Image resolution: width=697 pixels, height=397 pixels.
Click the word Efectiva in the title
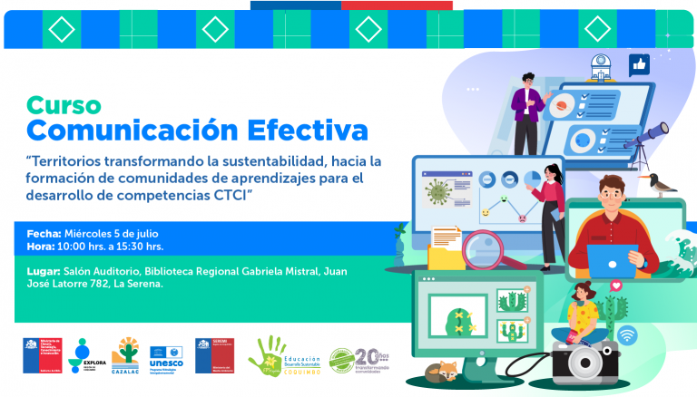pos(308,130)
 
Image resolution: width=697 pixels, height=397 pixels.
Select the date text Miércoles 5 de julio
pos(120,233)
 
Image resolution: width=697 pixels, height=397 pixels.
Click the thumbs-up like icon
pos(640,64)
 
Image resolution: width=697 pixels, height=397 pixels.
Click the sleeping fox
pos(444,371)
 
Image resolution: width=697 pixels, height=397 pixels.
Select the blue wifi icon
pos(627,335)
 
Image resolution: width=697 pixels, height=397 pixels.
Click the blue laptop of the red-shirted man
pos(613,261)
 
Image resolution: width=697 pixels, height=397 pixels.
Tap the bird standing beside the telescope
pos(661,184)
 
